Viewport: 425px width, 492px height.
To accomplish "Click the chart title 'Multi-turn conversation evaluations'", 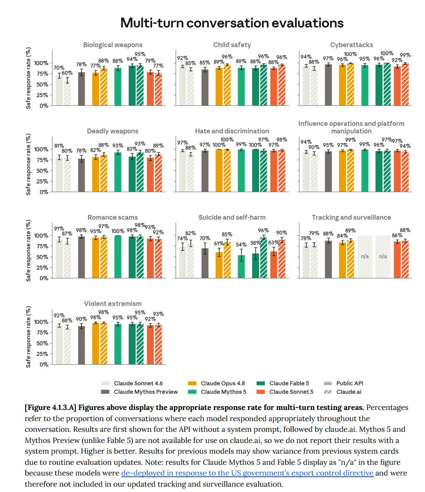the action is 232,23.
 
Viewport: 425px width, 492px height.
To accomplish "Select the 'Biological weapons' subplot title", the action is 113,45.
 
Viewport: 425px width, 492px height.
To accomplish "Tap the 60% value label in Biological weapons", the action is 67,73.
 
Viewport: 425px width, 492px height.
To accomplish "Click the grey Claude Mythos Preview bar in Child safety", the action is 205,87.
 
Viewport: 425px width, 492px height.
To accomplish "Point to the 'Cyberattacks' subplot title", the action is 351,45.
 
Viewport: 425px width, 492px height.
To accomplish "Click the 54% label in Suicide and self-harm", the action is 241,245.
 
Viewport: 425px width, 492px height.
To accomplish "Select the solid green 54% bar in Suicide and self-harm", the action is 241,266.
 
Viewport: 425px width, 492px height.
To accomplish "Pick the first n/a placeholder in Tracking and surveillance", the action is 365,257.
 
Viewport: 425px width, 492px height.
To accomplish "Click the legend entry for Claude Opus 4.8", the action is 216,383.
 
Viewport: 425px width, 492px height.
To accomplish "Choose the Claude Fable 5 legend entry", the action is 283,383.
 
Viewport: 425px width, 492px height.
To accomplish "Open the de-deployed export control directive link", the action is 247,473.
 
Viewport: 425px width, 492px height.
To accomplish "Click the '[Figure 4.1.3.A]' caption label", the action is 51,407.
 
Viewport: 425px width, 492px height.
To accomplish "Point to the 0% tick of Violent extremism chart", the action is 44,365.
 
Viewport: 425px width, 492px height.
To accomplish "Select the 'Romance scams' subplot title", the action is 113,217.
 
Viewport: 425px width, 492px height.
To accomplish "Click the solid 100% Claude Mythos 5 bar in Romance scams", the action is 118,257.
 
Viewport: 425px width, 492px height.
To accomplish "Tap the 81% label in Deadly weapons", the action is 59,146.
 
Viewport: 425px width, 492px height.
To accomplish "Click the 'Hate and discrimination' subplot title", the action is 232,131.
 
